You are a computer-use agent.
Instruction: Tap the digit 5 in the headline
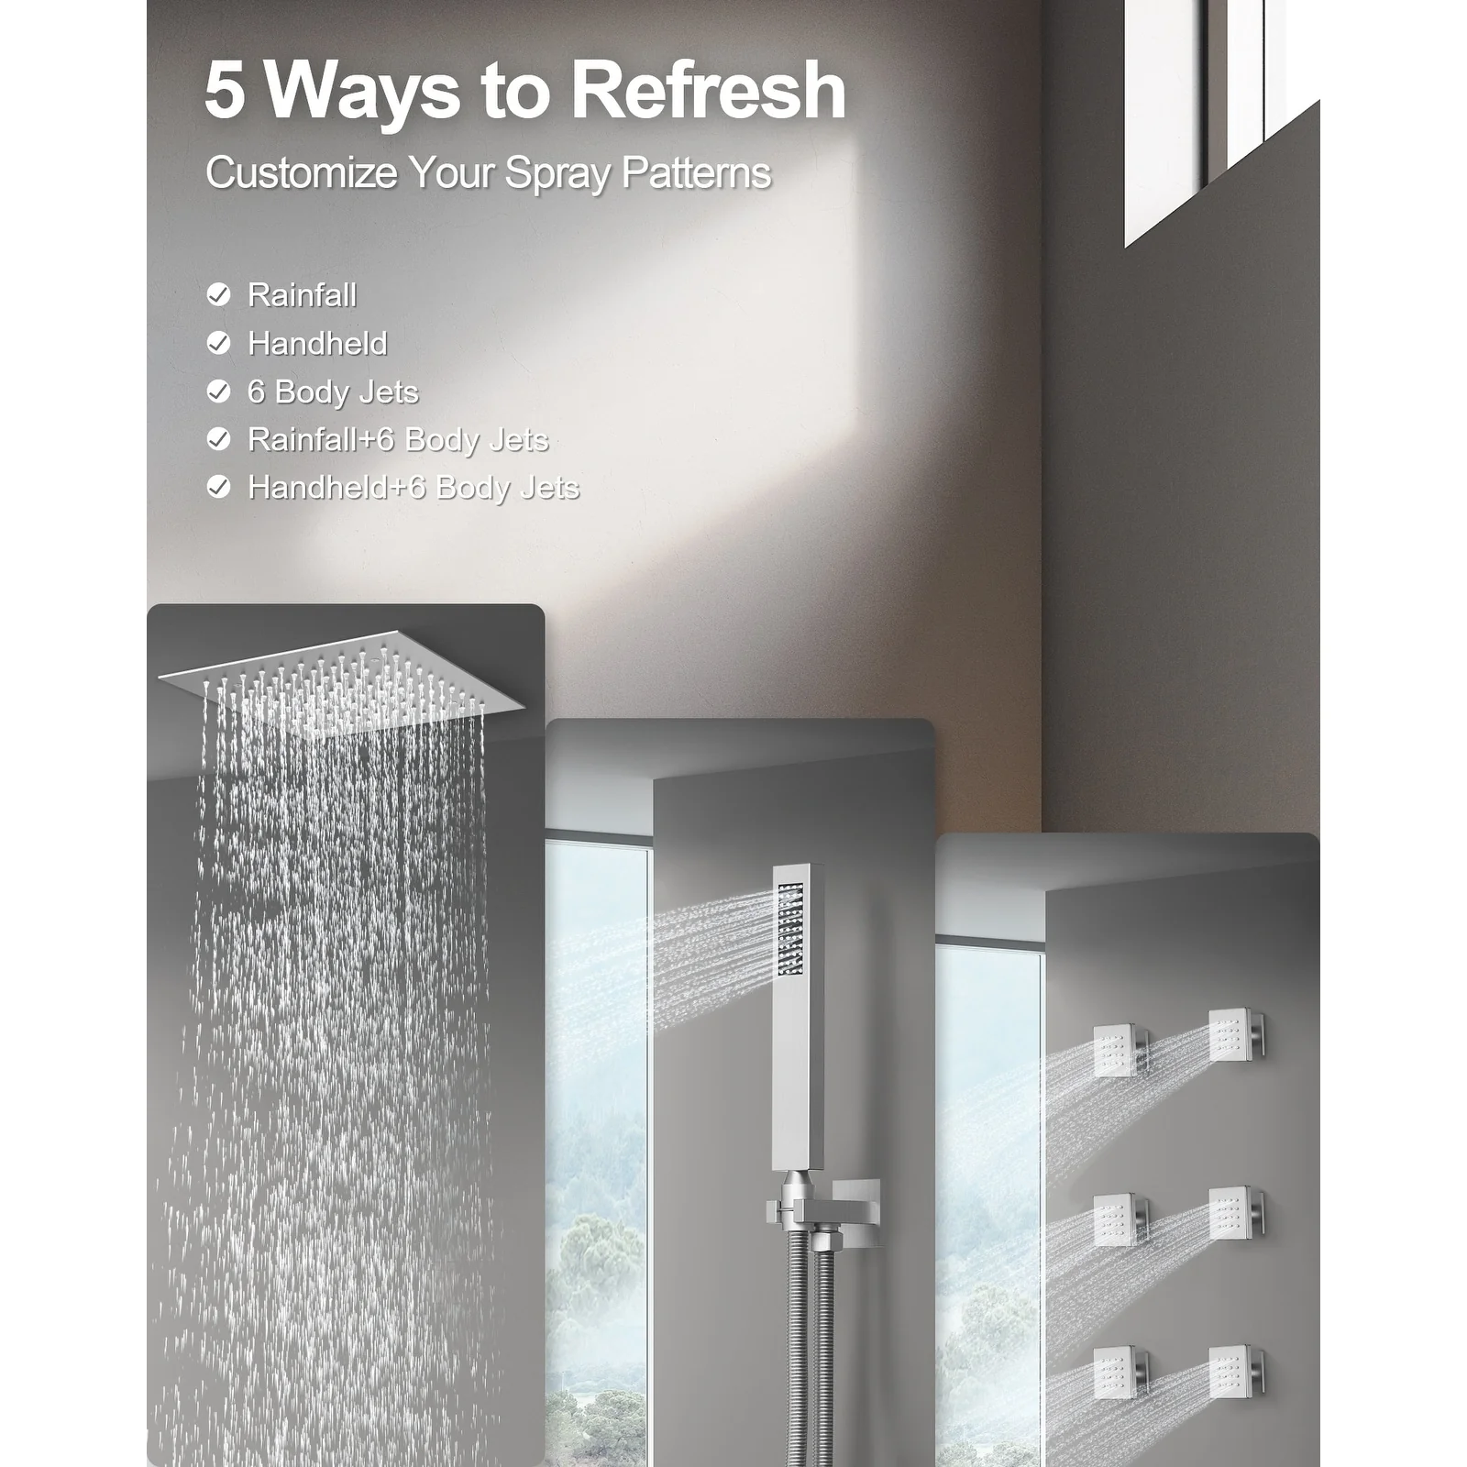coord(225,91)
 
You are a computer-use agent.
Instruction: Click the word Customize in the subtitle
coord(301,172)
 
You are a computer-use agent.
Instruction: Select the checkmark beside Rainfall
coord(218,294)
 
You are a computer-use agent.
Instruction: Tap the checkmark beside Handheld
coord(218,343)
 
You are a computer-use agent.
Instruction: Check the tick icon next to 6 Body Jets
coord(218,392)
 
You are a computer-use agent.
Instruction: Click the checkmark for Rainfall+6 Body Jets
coord(218,439)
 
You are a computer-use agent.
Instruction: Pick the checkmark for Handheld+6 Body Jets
coord(218,487)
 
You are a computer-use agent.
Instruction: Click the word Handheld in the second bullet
coord(317,344)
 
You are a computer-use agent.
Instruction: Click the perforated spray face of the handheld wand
coord(789,927)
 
